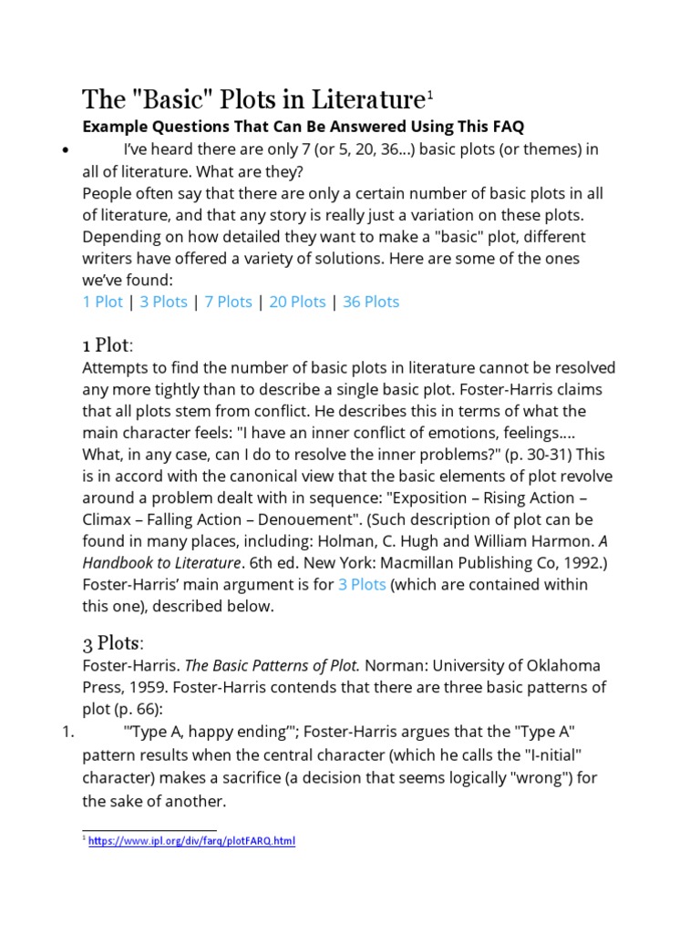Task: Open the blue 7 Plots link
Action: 228,302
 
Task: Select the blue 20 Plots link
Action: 296,302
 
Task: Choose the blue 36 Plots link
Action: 371,302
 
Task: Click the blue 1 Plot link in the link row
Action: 102,302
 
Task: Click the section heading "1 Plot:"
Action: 108,345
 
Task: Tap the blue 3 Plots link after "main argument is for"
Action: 362,584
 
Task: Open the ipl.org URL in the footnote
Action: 191,841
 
